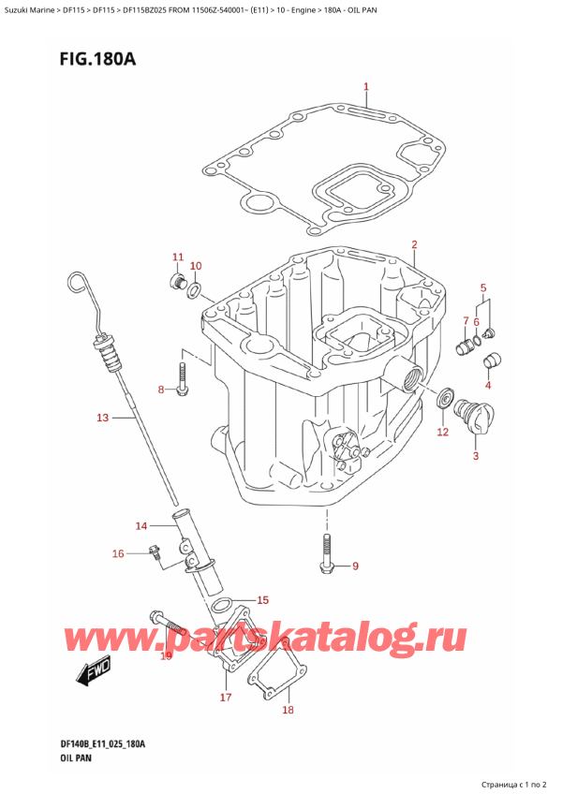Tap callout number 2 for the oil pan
413,245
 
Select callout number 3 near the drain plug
475,457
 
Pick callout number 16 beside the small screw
118,554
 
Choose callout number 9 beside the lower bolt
354,566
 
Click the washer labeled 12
444,401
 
